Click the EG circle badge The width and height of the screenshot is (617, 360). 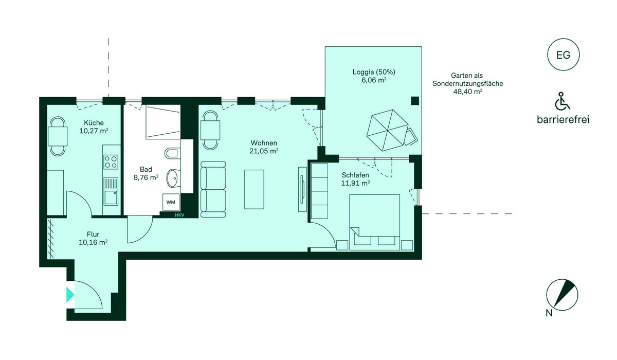pyautogui.click(x=563, y=55)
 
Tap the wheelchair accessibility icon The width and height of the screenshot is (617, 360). pyautogui.click(x=562, y=101)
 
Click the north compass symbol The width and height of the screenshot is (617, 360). pyautogui.click(x=562, y=295)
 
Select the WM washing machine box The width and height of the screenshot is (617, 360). pyautogui.click(x=171, y=202)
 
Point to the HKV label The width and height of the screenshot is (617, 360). pyautogui.click(x=179, y=215)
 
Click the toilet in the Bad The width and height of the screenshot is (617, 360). pyautogui.click(x=172, y=153)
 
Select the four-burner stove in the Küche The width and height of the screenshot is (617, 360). pyautogui.click(x=111, y=162)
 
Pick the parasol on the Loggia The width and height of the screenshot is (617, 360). pyautogui.click(x=387, y=130)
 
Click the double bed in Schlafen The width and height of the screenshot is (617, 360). pyautogui.click(x=374, y=222)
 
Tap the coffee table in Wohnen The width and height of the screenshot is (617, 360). pyautogui.click(x=254, y=189)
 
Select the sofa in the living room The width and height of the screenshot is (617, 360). pyautogui.click(x=213, y=189)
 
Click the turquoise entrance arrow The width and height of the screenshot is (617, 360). pyautogui.click(x=70, y=295)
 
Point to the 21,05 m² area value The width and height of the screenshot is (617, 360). pyautogui.click(x=264, y=151)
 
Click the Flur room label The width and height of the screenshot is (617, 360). pyautogui.click(x=93, y=235)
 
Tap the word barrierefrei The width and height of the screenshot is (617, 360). pyautogui.click(x=563, y=119)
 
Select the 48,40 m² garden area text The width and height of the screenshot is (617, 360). pyautogui.click(x=468, y=92)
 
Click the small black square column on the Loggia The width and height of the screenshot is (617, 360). pyautogui.click(x=415, y=101)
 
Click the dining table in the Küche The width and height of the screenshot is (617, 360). pyautogui.click(x=58, y=136)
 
